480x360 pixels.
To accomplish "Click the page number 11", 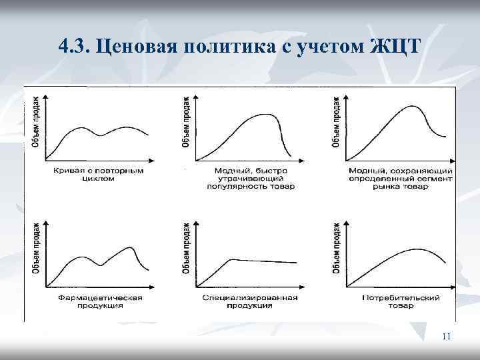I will (446, 337).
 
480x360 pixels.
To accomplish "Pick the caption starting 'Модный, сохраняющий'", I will (400, 179).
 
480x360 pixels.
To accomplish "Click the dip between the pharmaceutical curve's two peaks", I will (101, 265).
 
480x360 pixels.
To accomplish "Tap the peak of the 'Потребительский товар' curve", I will (417, 249).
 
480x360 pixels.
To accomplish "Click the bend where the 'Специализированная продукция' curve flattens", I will (230, 259).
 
